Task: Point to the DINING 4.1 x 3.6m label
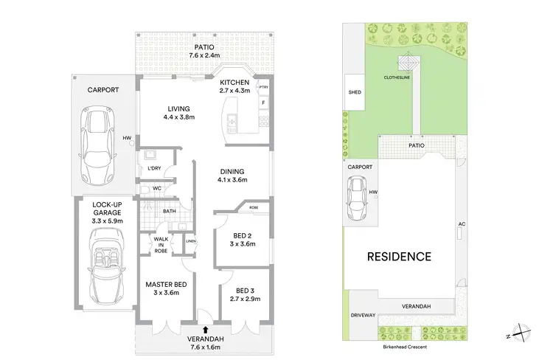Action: tap(232, 175)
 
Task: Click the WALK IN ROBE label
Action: tap(161, 245)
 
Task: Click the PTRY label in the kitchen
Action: tap(263, 87)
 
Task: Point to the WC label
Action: tap(157, 189)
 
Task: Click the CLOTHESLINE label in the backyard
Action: tap(402, 77)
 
